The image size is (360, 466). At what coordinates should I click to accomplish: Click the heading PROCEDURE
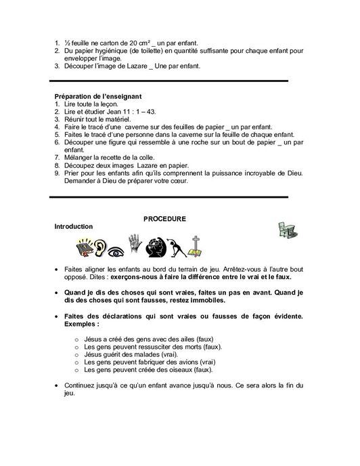164,219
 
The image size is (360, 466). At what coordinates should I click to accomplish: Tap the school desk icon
287,231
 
